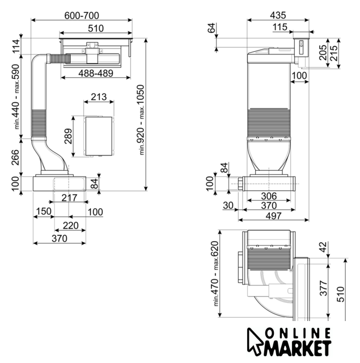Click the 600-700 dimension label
point(82,15)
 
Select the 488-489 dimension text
point(96,73)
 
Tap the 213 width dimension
point(99,97)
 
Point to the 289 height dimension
point(69,136)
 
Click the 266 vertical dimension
point(15,158)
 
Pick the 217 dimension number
point(69,198)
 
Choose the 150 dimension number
point(44,212)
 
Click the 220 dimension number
point(70,226)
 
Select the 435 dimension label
point(278,15)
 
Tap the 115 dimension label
point(280,27)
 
